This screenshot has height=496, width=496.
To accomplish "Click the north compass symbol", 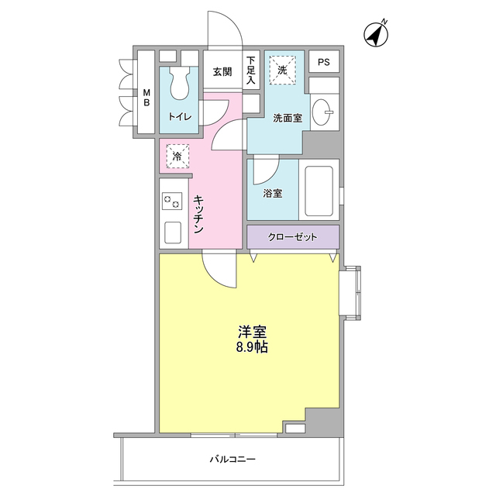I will (x=376, y=35).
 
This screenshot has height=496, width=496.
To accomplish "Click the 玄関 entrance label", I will (x=222, y=72).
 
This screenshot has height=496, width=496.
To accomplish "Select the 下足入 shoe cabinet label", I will (x=251, y=70).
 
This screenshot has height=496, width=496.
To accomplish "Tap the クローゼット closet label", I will (x=292, y=237).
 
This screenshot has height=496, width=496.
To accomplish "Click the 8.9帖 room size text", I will (x=253, y=348).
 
